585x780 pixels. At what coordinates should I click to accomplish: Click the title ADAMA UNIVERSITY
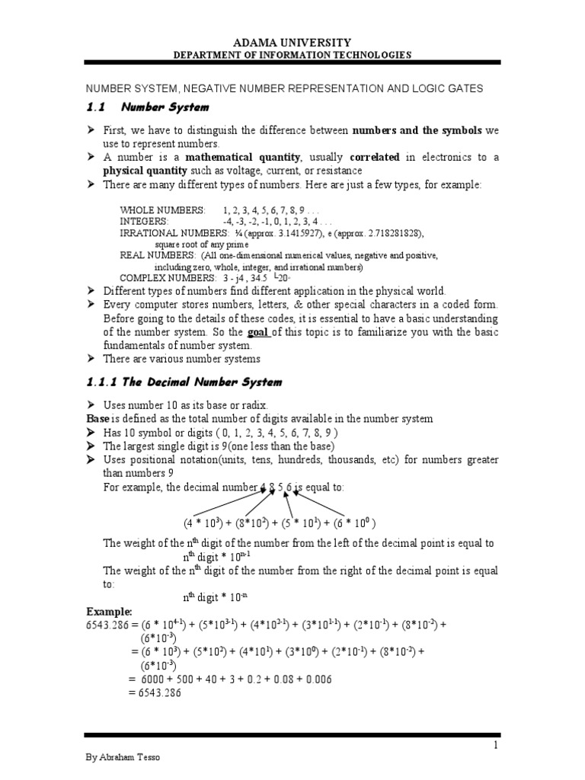292,43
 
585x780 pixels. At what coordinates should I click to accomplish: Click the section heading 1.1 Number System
149,107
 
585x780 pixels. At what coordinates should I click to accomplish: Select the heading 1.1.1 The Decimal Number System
183,382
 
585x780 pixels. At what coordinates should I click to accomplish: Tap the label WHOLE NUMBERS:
162,209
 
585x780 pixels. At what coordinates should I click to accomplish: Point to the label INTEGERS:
145,220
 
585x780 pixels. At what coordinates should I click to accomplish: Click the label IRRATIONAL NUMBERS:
172,232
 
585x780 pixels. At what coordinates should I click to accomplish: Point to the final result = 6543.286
155,692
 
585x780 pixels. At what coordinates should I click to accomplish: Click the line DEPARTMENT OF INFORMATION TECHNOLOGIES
292,55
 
